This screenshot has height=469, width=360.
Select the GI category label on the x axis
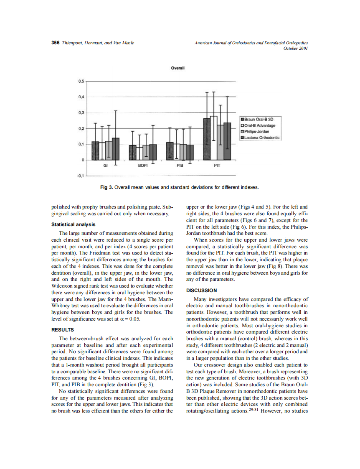pos(106,166)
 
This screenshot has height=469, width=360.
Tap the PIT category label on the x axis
pos(217,166)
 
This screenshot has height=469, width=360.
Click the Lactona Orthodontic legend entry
pos(261,137)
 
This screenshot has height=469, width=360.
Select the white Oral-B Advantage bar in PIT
pos(213,138)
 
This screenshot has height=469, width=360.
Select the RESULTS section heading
pos(62,330)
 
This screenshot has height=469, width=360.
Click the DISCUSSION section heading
pos(201,291)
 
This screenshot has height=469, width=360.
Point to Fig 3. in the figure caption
pos(107,187)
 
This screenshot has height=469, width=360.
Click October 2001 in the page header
pos(295,48)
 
